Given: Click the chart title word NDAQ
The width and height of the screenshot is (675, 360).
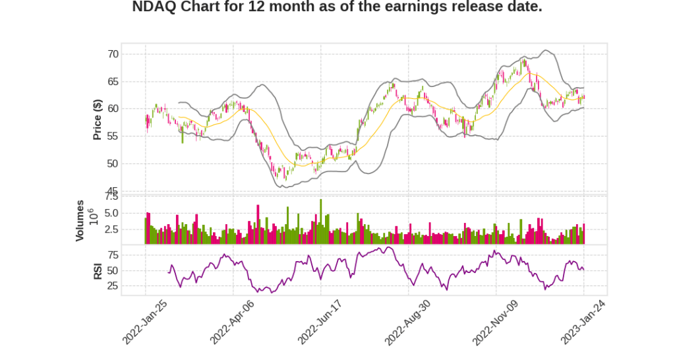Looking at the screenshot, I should click(x=154, y=7).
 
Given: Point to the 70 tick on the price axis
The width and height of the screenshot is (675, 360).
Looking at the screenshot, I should click(x=113, y=54).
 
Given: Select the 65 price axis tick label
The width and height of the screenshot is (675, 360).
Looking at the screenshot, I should click(x=113, y=82).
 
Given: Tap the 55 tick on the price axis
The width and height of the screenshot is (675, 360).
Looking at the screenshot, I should click(x=113, y=136).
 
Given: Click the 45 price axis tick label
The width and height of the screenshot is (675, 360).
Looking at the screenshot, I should click(x=113, y=191).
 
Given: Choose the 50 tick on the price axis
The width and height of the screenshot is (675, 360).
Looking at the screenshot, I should click(x=113, y=164).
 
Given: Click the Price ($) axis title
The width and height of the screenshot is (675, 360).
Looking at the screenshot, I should click(x=98, y=119).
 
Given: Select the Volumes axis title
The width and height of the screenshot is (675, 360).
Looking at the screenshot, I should click(x=80, y=220).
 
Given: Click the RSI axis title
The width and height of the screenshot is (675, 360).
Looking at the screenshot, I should click(x=98, y=270).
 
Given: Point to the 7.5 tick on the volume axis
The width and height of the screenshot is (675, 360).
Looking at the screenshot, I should click(x=111, y=196).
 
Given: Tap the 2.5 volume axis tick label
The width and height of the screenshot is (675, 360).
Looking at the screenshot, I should click(x=111, y=229).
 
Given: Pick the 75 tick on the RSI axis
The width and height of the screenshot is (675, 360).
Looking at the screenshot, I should click(x=113, y=255).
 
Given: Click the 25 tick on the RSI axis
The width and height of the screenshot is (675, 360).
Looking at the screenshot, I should click(x=113, y=286).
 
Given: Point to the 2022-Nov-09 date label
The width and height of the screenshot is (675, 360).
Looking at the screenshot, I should click(x=495, y=322).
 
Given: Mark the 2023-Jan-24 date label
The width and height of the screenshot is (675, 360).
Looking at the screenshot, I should click(x=583, y=322).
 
